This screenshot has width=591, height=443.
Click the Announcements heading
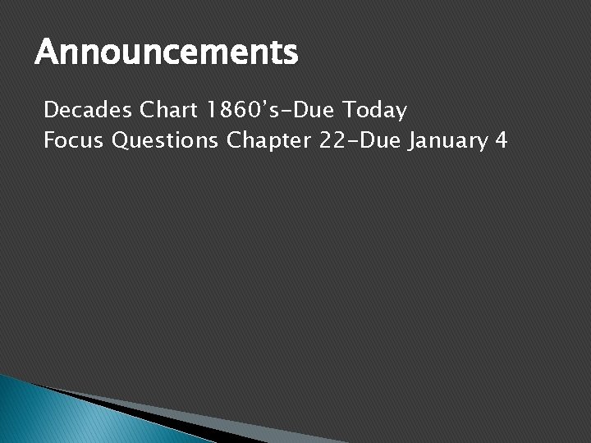pos(166,55)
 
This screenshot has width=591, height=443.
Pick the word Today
pos(377,110)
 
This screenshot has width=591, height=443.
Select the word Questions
pos(165,141)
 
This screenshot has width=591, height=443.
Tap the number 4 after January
pos(501,141)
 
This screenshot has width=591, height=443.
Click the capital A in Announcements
pos(46,55)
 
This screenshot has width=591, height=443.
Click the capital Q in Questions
pos(121,141)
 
